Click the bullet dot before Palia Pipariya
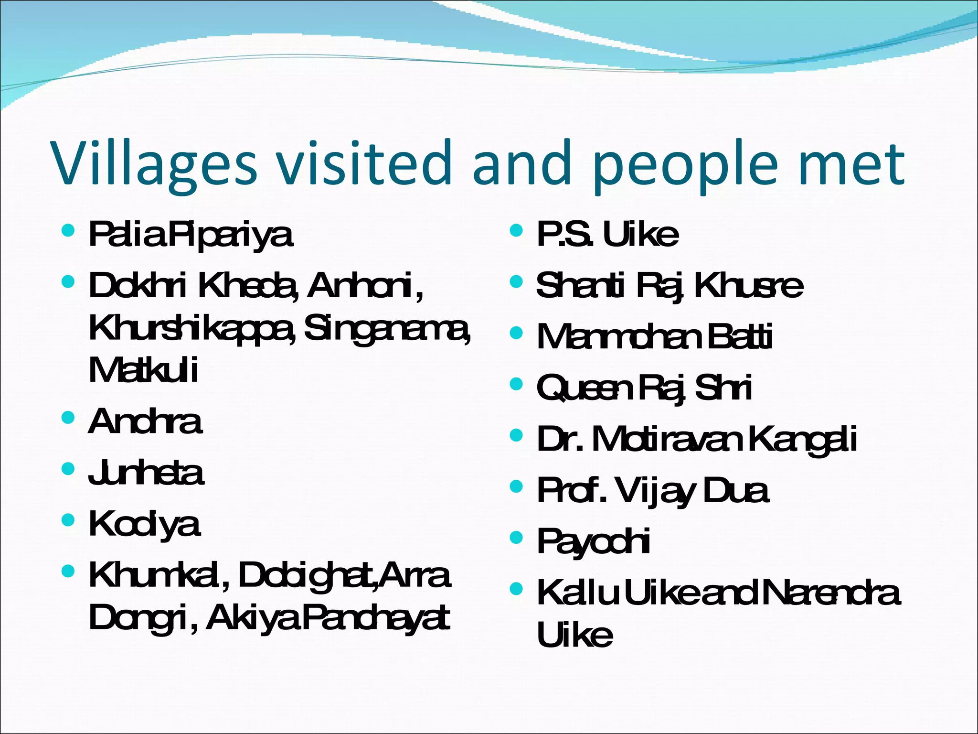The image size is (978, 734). coord(68,231)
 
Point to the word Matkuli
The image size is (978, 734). coord(143,370)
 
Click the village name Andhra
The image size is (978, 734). coord(145,421)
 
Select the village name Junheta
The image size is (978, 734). coord(146,473)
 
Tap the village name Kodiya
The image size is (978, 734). coord(144,524)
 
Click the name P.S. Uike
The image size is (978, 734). coord(607,234)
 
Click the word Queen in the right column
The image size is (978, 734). coord(585,388)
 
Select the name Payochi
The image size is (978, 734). coord(593,541)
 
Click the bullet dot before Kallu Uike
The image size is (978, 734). coord(516,590)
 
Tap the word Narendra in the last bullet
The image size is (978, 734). coord(831,593)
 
